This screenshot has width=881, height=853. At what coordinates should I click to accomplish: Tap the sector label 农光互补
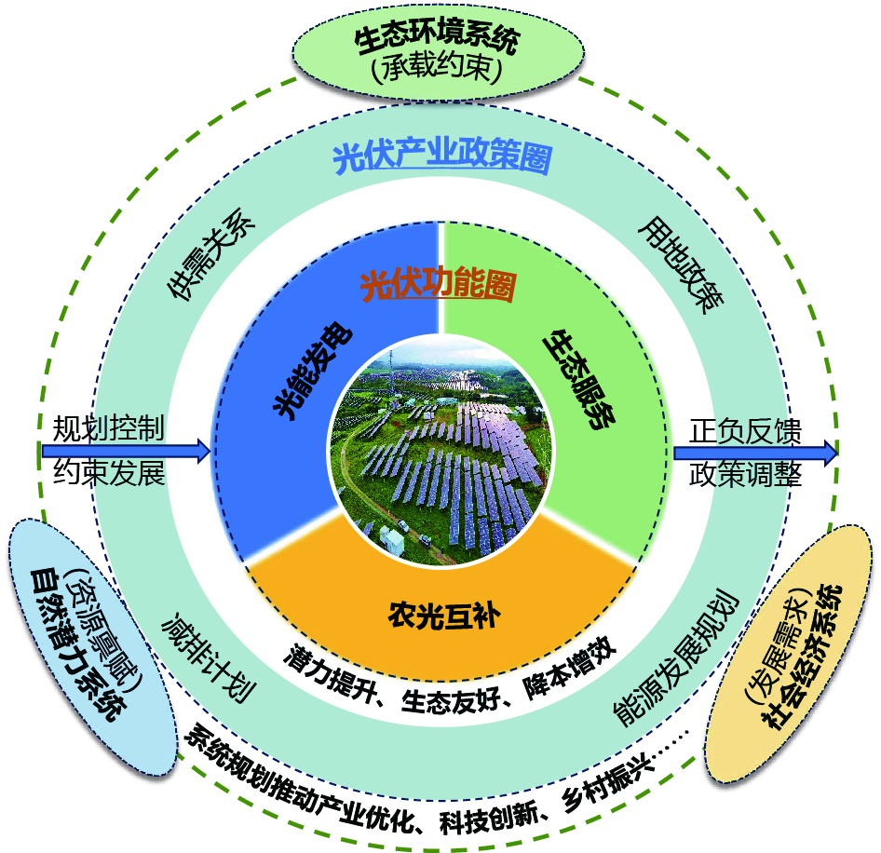438,614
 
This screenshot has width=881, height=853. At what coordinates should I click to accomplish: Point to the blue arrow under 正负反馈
755,453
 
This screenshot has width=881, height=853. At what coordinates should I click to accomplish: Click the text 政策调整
745,475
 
